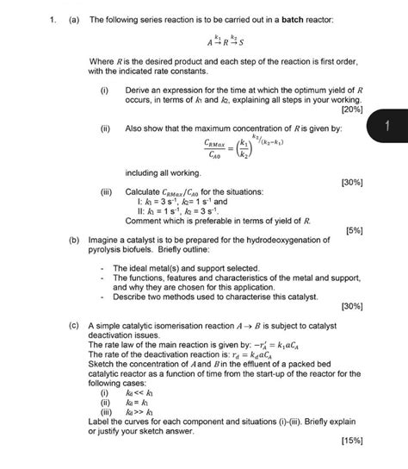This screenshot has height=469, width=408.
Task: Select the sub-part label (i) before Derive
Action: point(104,90)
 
